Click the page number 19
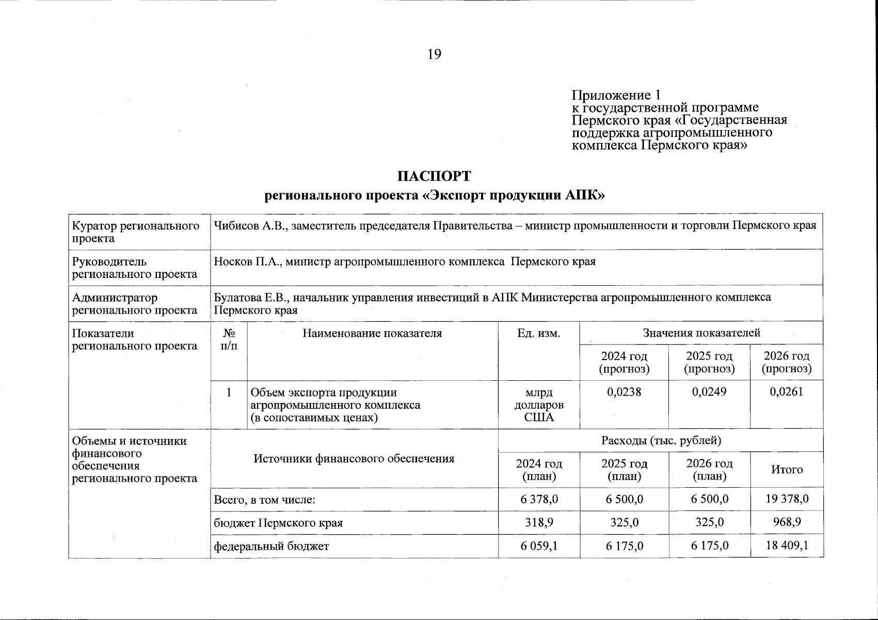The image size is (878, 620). [434, 54]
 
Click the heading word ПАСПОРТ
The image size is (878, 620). [434, 176]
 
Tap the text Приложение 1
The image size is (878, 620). [616, 95]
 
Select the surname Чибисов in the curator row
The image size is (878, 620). [235, 226]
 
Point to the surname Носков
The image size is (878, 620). [232, 261]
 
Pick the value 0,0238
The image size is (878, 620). [624, 392]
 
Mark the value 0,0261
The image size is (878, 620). [786, 392]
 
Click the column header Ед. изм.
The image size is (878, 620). [538, 333]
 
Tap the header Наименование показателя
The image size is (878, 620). [372, 333]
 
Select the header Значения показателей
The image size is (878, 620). [701, 333]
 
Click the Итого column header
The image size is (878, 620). [787, 470]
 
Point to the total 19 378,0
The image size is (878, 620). [787, 499]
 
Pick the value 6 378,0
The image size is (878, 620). [539, 499]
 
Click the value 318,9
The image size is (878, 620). [539, 522]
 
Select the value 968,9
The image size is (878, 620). [787, 522]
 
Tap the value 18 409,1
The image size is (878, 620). [787, 546]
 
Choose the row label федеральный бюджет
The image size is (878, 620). [271, 546]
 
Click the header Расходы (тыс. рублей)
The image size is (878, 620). [661, 441]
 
